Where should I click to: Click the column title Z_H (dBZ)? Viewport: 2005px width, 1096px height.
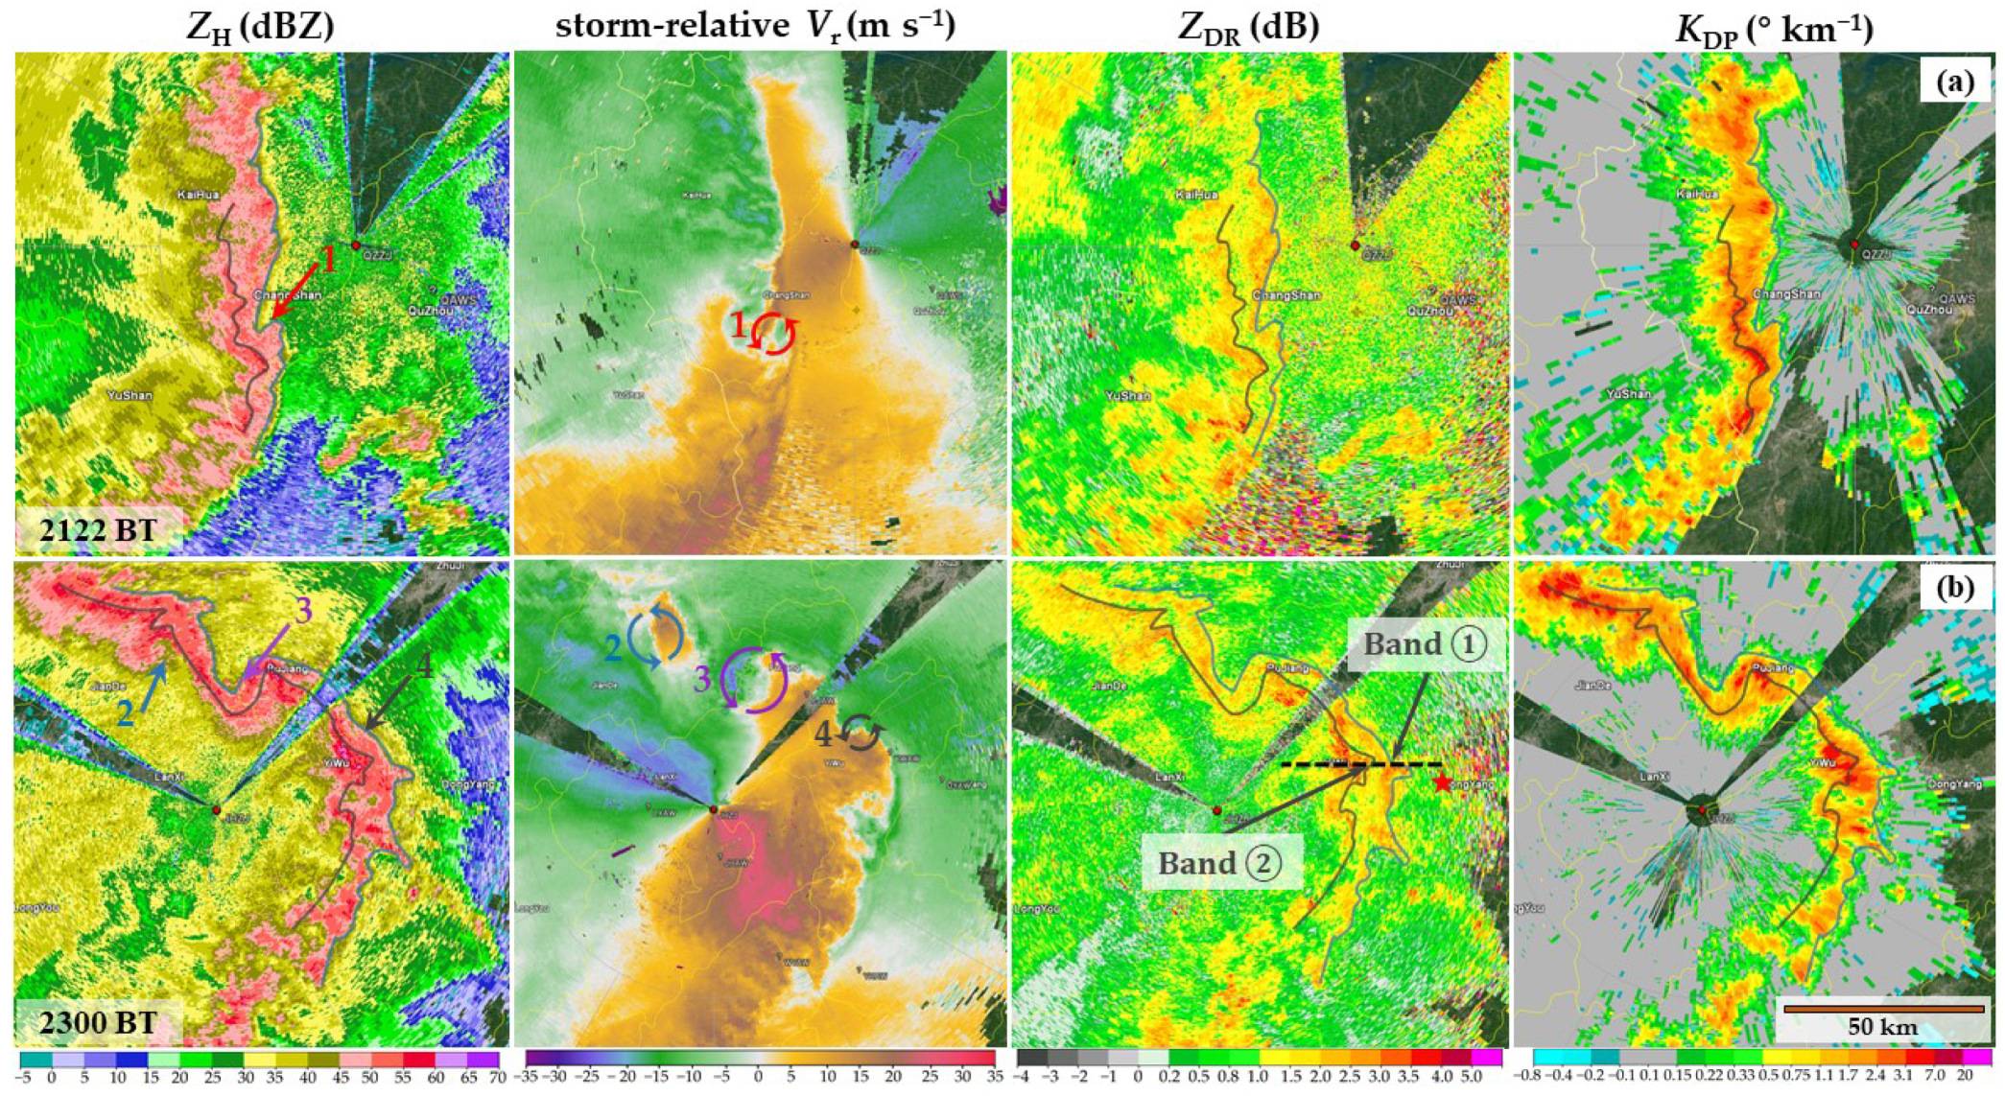click(x=260, y=26)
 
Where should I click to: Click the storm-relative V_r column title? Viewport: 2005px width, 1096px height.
click(x=755, y=26)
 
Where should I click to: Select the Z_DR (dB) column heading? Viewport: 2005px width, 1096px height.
click(x=1248, y=28)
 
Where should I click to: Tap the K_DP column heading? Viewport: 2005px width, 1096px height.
click(x=1774, y=28)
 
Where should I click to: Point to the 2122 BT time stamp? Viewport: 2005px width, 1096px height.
click(x=99, y=529)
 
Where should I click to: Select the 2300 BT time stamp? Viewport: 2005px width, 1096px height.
click(x=99, y=1022)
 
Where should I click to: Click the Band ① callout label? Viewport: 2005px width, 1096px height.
click(x=1425, y=643)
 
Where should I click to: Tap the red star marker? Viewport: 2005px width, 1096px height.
click(x=1442, y=783)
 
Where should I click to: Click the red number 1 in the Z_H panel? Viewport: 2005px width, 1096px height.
click(x=327, y=259)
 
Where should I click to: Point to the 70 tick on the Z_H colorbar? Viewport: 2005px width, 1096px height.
click(x=496, y=1079)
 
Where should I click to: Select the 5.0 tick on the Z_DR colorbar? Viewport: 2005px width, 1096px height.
click(x=1469, y=1079)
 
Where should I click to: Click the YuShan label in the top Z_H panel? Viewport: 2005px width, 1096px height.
click(x=130, y=395)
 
